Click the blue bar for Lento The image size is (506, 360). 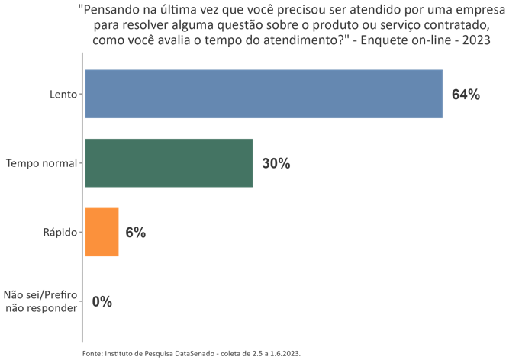pos(263,94)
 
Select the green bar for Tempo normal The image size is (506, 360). pos(169,163)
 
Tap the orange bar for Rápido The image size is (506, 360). pos(102,232)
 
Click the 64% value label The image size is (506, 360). pos(466,95)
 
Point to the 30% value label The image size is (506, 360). pos(276,164)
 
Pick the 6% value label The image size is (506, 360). pos(135,233)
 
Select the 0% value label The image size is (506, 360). pos(102,301)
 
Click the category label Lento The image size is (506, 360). pos(63,95)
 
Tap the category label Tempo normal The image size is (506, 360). pos(41,163)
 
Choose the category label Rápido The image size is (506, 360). pos(60,233)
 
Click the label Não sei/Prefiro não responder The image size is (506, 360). pos(40,301)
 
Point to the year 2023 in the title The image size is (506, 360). pos(473,41)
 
